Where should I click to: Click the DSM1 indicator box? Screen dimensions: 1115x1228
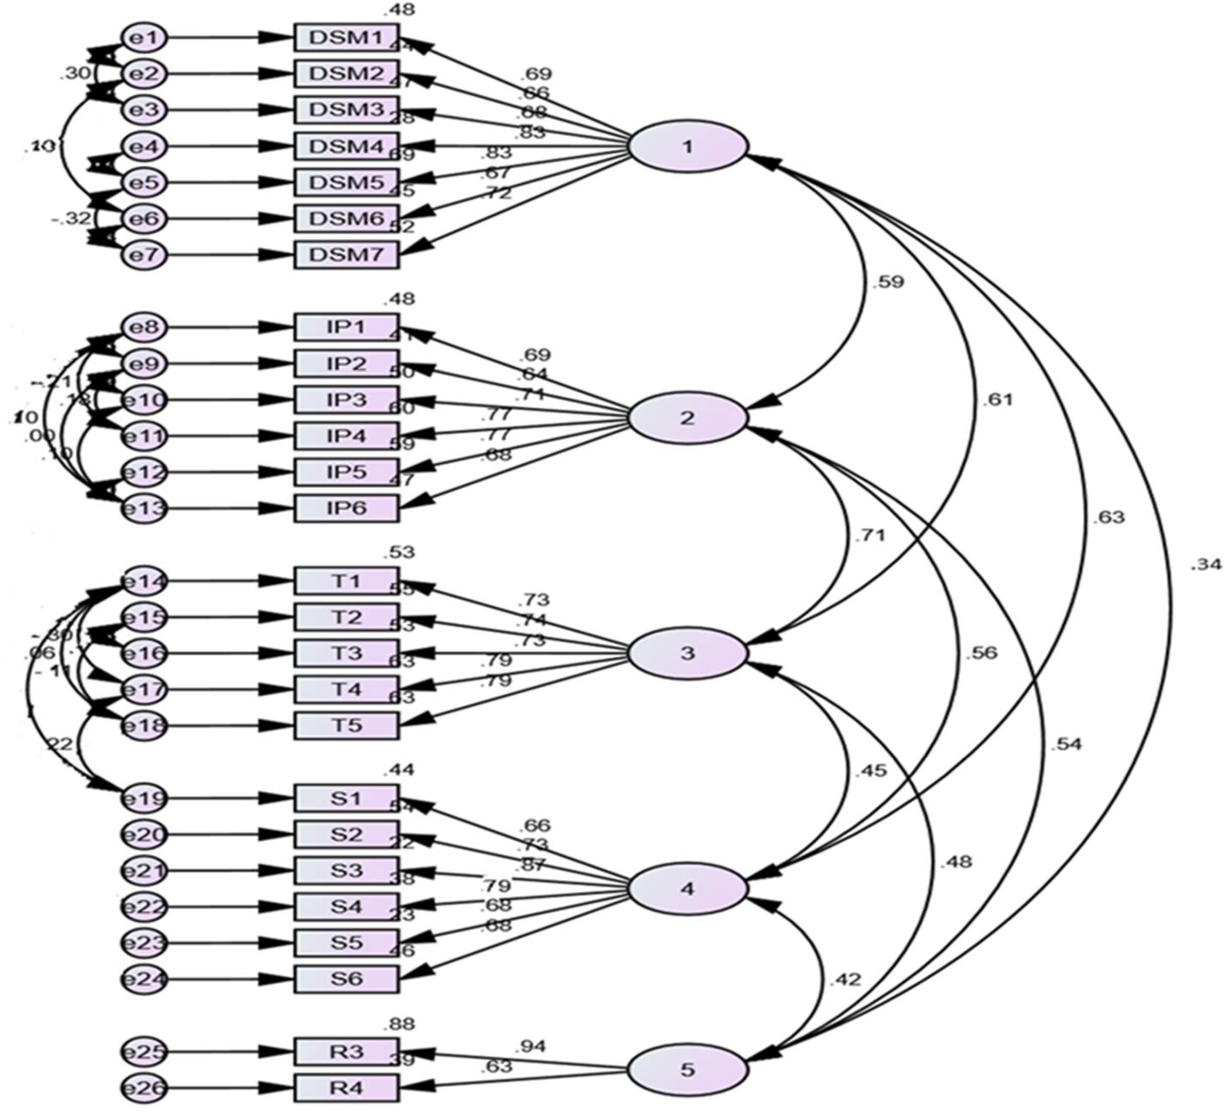(347, 38)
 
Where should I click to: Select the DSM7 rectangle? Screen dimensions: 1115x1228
(347, 254)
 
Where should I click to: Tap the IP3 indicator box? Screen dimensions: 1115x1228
(347, 400)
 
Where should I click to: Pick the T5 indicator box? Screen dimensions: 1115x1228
(347, 725)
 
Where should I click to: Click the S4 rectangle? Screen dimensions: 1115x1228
(347, 906)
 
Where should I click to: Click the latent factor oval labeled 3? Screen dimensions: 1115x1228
(687, 653)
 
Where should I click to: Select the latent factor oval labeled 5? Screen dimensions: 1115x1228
(687, 1070)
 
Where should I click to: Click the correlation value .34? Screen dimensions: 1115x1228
(1205, 565)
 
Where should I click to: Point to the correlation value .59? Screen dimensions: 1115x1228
(888, 282)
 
